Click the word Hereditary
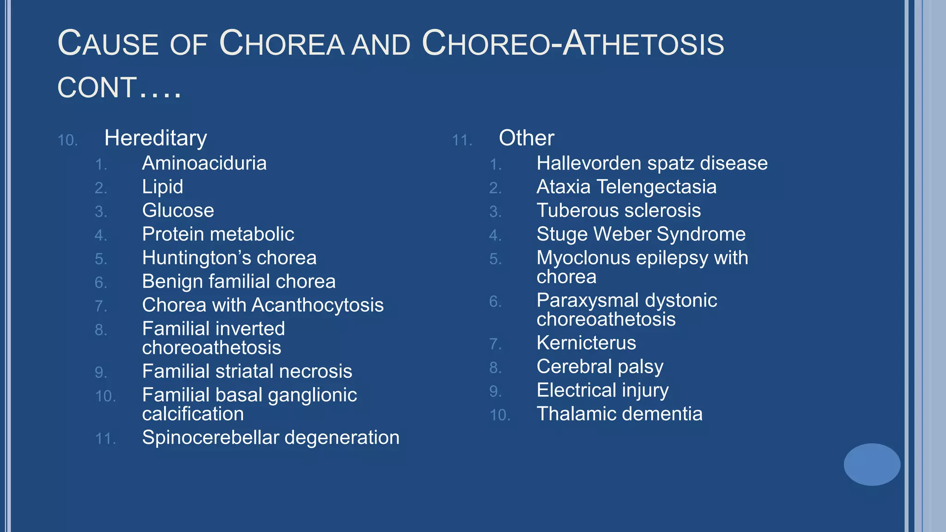click(156, 138)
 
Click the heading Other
click(526, 138)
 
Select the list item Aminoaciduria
click(204, 163)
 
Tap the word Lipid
click(163, 187)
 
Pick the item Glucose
click(178, 211)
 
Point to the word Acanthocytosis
click(317, 305)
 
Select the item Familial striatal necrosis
click(247, 371)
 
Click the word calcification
click(193, 414)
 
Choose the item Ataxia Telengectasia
click(626, 187)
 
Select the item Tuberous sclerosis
click(619, 211)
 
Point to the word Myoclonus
click(583, 258)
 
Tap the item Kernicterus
click(586, 343)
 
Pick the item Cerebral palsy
click(600, 367)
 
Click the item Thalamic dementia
click(619, 414)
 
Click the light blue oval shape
click(872, 464)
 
